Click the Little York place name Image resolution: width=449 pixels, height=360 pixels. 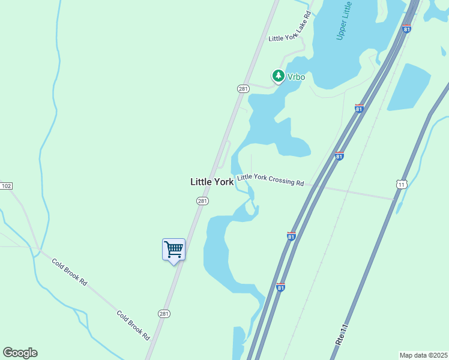211,181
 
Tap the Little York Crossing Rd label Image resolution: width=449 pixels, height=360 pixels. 270,179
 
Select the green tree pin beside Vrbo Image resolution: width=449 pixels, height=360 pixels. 278,76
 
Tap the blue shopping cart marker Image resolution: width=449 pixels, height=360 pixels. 173,249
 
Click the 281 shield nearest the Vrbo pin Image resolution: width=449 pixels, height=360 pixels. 243,88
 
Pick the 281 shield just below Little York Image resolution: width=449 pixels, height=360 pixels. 202,201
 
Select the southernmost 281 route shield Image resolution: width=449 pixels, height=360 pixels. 164,314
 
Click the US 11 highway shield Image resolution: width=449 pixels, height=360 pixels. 402,184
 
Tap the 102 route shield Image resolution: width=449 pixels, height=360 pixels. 6,186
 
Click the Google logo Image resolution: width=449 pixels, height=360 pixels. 20,353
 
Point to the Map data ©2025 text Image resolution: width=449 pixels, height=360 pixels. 423,355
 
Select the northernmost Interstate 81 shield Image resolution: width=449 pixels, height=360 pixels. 407,29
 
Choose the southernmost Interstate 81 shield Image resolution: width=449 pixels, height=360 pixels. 280,288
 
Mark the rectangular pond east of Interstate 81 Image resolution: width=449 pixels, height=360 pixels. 409,87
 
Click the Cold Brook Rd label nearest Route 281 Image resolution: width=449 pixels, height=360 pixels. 132,325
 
